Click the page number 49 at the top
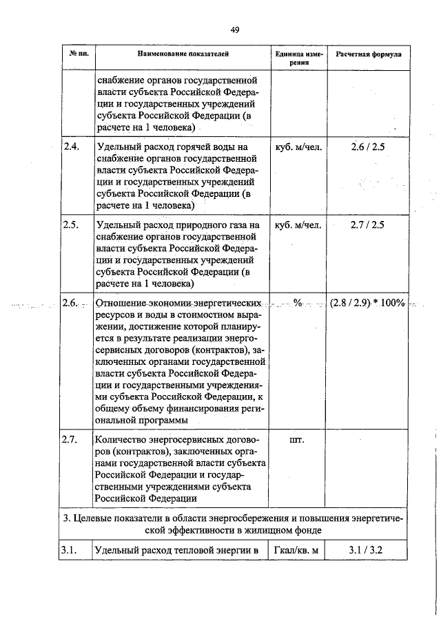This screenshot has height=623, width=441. coord(234,29)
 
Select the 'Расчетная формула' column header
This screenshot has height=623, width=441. coord(369,52)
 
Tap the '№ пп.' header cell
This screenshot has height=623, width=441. coord(77,52)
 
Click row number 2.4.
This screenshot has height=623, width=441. coord(72,147)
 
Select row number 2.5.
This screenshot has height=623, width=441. coord(72,225)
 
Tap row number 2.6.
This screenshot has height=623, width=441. coord(72,303)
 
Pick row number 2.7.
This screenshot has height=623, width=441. coord(72,439)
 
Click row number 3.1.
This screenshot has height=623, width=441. coord(72,550)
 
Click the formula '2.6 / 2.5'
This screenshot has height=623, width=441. coord(368,147)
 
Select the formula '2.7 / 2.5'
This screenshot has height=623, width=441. coord(368,225)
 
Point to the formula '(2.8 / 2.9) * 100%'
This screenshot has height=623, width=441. coord(367,303)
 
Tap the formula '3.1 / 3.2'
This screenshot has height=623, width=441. coord(368,550)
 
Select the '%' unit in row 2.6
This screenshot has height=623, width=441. coord(298,303)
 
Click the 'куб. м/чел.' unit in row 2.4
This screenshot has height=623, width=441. coord(298,147)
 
